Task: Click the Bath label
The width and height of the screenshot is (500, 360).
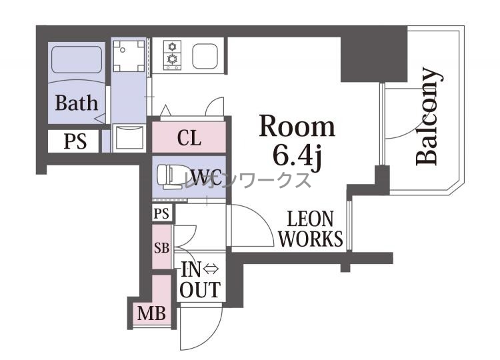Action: [x=77, y=103]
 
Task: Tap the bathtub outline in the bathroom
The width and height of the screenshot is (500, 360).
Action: [x=77, y=59]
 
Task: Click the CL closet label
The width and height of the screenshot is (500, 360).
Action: [x=189, y=138]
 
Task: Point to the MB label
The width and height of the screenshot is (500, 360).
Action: [x=152, y=313]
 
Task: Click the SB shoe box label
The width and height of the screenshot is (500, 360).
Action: [x=162, y=247]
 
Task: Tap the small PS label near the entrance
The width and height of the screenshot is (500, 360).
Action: [x=161, y=213]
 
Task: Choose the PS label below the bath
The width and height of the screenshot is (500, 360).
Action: [x=75, y=141]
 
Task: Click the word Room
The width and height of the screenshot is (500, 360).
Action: [x=297, y=126]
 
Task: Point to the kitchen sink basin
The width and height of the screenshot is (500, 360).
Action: [x=205, y=55]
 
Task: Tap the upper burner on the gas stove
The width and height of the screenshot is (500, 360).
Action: [x=172, y=47]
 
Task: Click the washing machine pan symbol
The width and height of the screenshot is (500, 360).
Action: [x=129, y=55]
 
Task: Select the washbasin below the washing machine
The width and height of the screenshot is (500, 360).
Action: [x=129, y=138]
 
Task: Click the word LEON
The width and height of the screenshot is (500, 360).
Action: [x=310, y=219]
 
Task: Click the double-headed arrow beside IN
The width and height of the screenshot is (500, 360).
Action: [x=211, y=269]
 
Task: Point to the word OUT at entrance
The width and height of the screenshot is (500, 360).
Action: [x=200, y=289]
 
